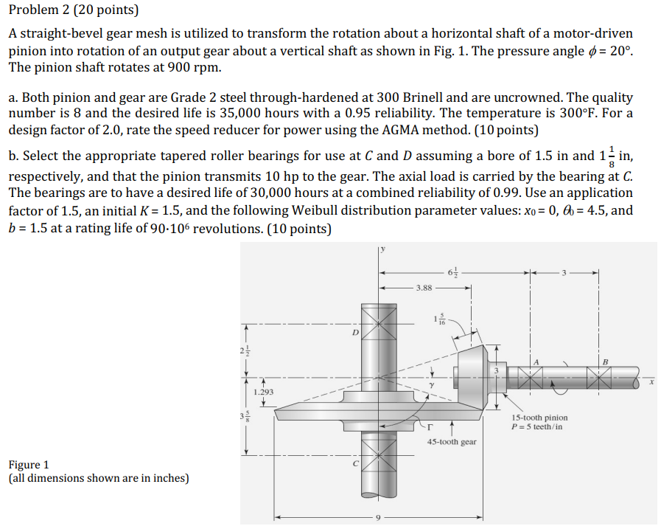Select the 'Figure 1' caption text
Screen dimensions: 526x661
tap(29, 464)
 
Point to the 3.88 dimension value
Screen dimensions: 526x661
tap(424, 288)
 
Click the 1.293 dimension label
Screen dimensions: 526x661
tap(263, 392)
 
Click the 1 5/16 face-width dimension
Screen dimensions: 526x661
tap(441, 319)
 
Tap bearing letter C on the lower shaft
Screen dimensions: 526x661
tap(355, 463)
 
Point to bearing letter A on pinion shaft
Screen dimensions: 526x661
tap(536, 361)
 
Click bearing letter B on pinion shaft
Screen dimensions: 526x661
tap(605, 361)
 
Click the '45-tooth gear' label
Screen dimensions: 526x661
tap(452, 442)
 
